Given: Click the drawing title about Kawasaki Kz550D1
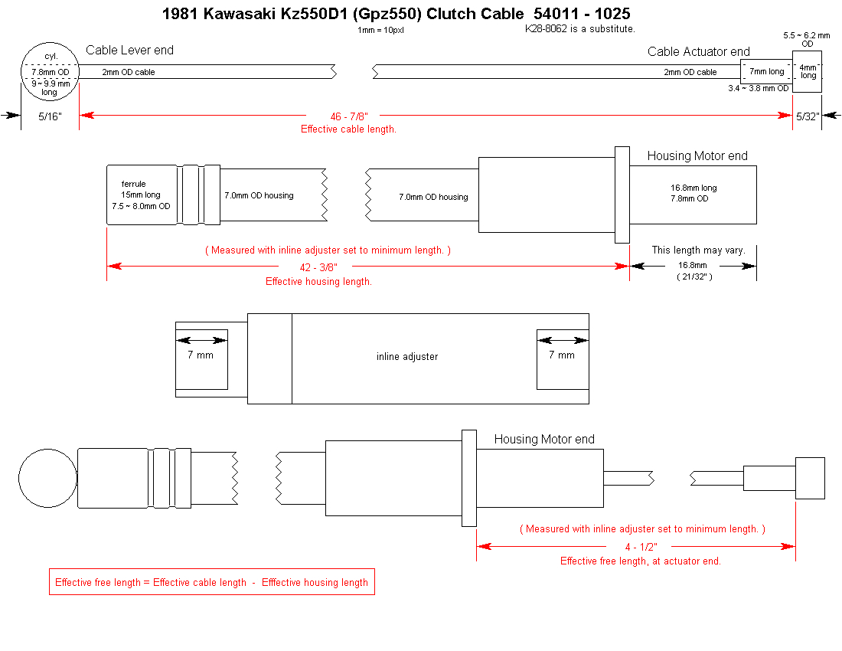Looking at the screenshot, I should [x=397, y=14].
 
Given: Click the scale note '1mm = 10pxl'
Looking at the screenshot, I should [x=381, y=31].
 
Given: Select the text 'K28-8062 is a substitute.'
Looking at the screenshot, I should [x=579, y=29].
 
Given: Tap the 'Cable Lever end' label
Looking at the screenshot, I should [x=129, y=51].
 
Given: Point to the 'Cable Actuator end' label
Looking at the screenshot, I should [x=698, y=52].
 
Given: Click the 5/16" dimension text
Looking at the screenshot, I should [x=49, y=116].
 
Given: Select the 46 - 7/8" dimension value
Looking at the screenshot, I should [x=349, y=116].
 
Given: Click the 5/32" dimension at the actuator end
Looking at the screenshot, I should [x=808, y=116].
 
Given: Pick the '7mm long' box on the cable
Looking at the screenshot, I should [x=766, y=72].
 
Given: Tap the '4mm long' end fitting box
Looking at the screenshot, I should [x=808, y=72].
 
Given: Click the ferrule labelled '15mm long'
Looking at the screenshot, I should [x=142, y=195].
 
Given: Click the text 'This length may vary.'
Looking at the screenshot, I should [x=698, y=250].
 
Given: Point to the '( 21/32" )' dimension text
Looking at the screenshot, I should [x=693, y=276].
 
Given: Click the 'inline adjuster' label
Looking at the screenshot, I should [x=407, y=357].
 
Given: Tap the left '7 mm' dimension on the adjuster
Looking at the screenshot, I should [x=201, y=355].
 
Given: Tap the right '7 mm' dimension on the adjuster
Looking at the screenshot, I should [x=561, y=355].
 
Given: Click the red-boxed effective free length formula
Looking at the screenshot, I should [x=211, y=582].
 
